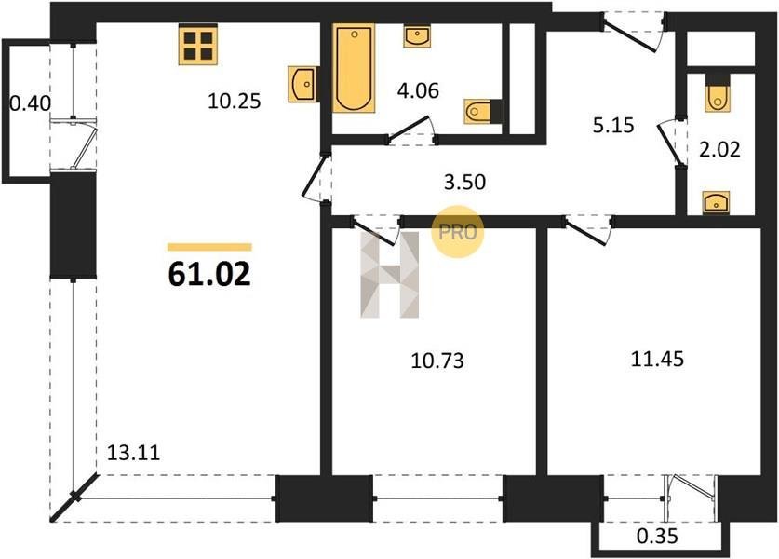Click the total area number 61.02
point(209,274)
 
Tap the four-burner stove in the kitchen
point(197,46)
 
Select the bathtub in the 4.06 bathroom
point(354,68)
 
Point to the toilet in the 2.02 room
point(717,94)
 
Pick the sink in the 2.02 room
point(716,203)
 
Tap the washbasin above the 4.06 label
point(417,37)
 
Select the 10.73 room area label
point(437,360)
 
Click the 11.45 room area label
point(657,358)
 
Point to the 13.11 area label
point(134,453)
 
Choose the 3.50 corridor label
point(464,182)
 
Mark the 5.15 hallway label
point(613,126)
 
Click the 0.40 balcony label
point(31,103)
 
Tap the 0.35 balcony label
point(657,537)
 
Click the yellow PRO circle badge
point(458,232)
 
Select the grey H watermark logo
point(389,275)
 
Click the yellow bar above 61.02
point(209,247)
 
